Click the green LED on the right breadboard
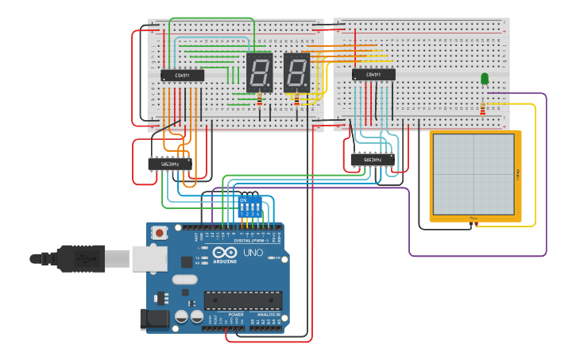tap(485, 78)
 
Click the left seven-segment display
tap(259, 72)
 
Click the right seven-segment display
tap(296, 72)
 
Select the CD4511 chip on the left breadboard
tap(182, 75)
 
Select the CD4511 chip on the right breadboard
tap(373, 75)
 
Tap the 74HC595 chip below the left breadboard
tap(169, 163)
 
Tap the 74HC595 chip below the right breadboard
tap(372, 160)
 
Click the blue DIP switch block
tap(249, 207)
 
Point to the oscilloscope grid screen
tap(474, 174)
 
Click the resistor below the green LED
tap(482, 108)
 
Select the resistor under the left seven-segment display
tap(259, 99)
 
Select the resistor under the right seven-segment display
tap(297, 100)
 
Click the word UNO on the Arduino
tap(253, 253)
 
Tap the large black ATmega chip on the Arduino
tap(242, 300)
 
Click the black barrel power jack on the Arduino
tap(154, 319)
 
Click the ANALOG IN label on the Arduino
tap(265, 315)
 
